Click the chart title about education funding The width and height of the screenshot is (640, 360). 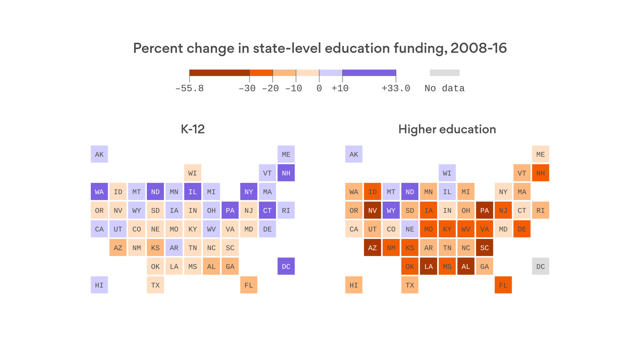[320, 48]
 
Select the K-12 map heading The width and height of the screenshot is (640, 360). [193, 129]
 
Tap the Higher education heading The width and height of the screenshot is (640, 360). [447, 129]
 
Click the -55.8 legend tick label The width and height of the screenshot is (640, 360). [189, 89]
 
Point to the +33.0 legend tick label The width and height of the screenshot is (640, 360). [396, 89]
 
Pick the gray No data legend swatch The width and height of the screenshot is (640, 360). [445, 73]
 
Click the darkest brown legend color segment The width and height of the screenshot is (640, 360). [219, 73]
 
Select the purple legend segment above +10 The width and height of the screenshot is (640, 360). [369, 73]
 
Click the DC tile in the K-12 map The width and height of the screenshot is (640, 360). [286, 266]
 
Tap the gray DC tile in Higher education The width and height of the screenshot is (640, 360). [541, 266]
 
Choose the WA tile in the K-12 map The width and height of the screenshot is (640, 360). [99, 192]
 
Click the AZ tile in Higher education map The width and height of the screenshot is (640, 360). [372, 247]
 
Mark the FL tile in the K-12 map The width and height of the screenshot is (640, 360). [249, 285]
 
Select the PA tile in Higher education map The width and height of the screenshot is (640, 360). [484, 210]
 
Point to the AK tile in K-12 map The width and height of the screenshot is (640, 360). [99, 154]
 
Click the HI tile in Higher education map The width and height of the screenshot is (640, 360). [354, 285]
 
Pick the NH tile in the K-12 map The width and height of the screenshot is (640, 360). [286, 173]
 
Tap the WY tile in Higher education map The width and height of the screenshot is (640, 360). [391, 210]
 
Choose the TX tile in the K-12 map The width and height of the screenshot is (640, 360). [156, 285]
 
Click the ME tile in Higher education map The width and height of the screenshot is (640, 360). [541, 154]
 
